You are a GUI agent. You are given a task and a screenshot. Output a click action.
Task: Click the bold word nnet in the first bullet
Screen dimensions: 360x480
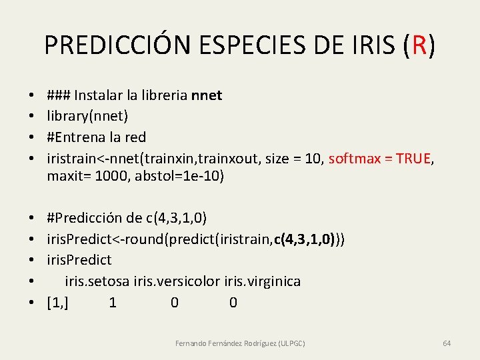coord(207,95)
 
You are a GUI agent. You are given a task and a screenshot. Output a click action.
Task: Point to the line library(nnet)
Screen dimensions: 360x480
coord(87,116)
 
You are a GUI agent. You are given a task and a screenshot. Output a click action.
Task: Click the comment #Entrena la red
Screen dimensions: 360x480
coord(97,137)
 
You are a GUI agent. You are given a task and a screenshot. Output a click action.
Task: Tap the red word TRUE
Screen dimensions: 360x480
coord(412,159)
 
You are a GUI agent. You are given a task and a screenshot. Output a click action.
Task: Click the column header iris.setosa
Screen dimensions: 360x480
coord(98,281)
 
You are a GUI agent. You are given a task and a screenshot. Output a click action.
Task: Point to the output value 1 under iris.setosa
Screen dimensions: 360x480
coord(113,303)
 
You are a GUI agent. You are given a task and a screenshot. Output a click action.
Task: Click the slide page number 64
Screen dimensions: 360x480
coord(447,343)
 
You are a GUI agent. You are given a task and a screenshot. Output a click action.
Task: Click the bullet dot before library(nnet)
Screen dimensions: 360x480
coord(32,116)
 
